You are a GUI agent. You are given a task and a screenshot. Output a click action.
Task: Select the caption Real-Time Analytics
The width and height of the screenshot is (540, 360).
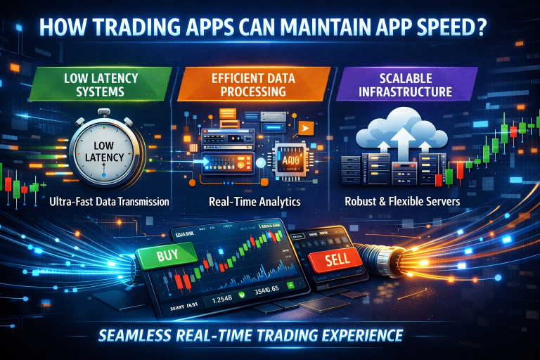coord(255,202)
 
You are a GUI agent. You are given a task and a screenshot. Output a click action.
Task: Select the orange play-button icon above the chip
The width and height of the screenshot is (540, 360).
coord(304,127)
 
